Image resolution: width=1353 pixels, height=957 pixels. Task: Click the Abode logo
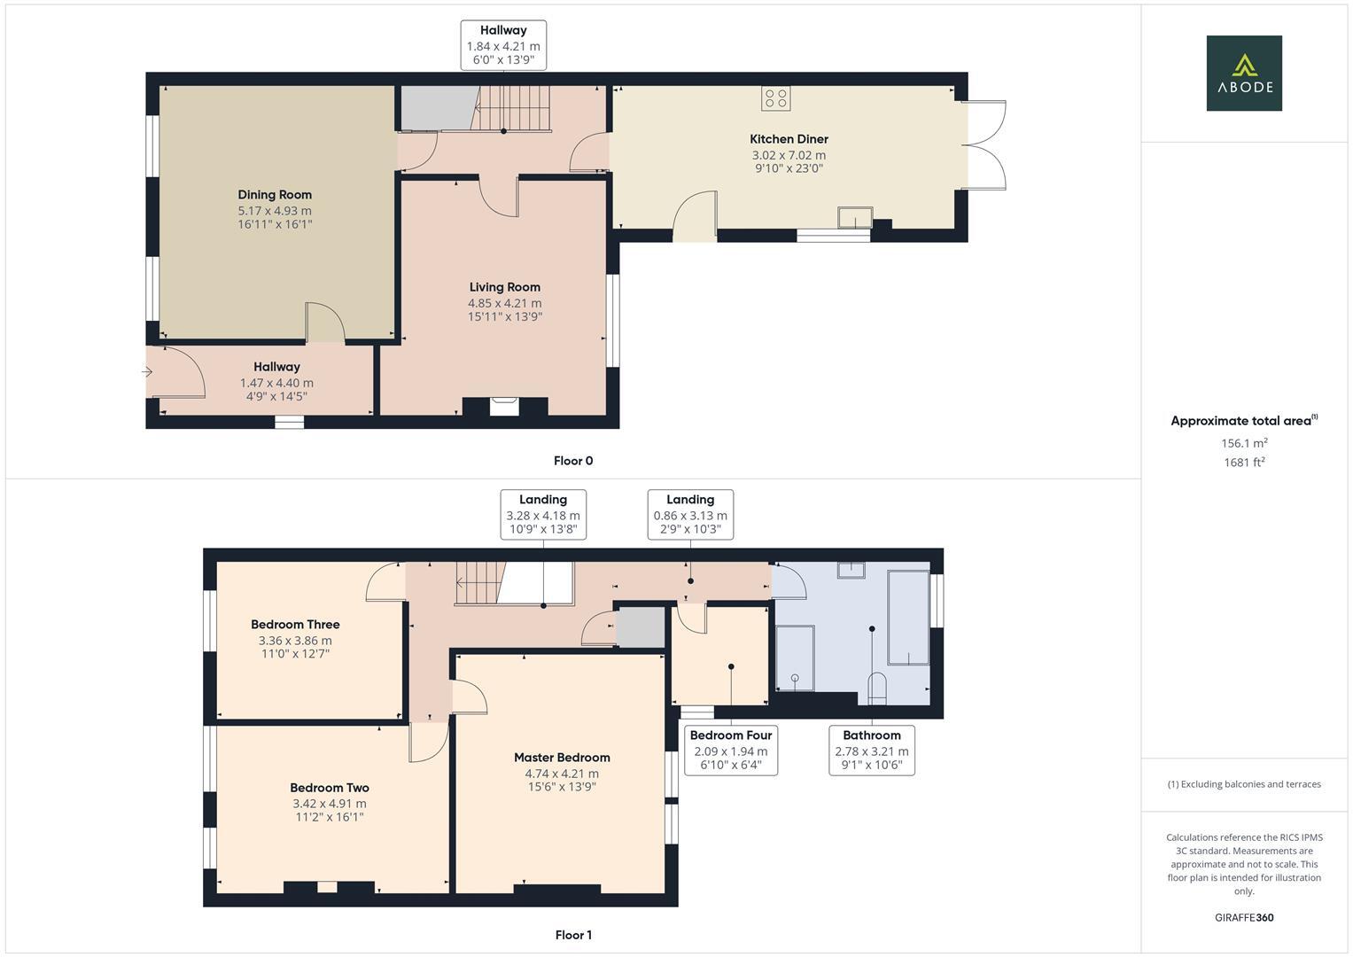click(x=1243, y=73)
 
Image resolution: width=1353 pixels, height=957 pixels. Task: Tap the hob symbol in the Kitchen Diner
click(x=776, y=98)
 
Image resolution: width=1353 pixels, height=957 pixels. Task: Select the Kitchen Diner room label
click(x=789, y=139)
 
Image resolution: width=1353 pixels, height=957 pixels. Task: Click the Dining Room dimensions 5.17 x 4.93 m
click(x=275, y=211)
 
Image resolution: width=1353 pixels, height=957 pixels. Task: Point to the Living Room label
click(x=504, y=287)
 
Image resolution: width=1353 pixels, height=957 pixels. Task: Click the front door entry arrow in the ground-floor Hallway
click(x=148, y=372)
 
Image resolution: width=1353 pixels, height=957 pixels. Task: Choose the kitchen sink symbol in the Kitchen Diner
click(x=855, y=217)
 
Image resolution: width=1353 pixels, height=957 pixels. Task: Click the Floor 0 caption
click(x=573, y=461)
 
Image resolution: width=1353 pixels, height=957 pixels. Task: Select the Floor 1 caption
click(x=573, y=935)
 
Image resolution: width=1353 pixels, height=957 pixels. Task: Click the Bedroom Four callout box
click(x=731, y=750)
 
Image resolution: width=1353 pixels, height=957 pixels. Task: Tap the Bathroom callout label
click(x=872, y=735)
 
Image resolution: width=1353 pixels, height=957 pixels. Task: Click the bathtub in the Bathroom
click(x=908, y=617)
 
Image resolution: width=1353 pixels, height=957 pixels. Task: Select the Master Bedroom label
click(x=562, y=758)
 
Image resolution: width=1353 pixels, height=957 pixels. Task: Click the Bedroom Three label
click(x=295, y=625)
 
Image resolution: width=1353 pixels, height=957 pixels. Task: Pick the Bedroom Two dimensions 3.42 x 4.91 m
click(x=330, y=804)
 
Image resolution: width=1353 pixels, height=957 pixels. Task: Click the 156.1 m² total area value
click(x=1243, y=443)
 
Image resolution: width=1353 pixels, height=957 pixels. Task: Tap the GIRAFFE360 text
click(x=1243, y=917)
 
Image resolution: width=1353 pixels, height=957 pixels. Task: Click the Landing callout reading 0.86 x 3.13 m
click(x=690, y=515)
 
